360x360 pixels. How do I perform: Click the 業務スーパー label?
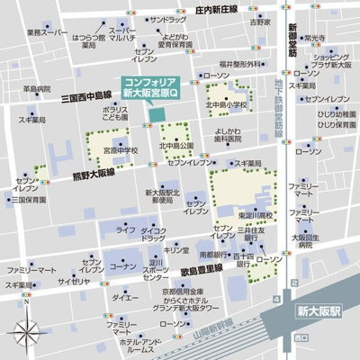click(47, 32)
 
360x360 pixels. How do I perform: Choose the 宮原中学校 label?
click(120, 151)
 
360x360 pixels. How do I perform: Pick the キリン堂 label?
click(176, 249)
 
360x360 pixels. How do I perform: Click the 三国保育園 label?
click(31, 200)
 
